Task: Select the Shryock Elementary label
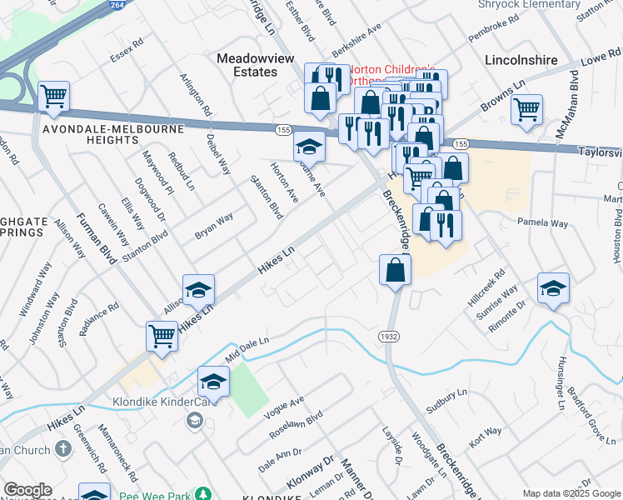click(528, 4)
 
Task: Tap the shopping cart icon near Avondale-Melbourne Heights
click(53, 97)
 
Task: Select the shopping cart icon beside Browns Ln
click(526, 109)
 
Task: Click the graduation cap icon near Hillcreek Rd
click(553, 288)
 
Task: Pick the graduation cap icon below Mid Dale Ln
click(213, 382)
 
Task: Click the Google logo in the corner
click(27, 490)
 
